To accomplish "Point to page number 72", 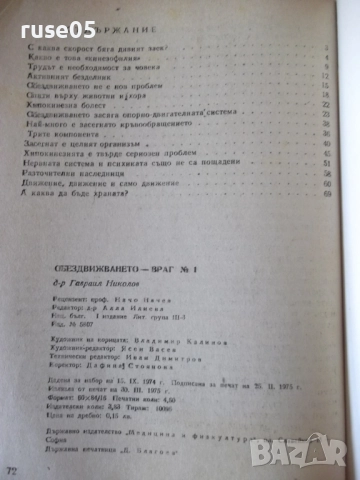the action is pyautogui.click(x=13, y=470).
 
